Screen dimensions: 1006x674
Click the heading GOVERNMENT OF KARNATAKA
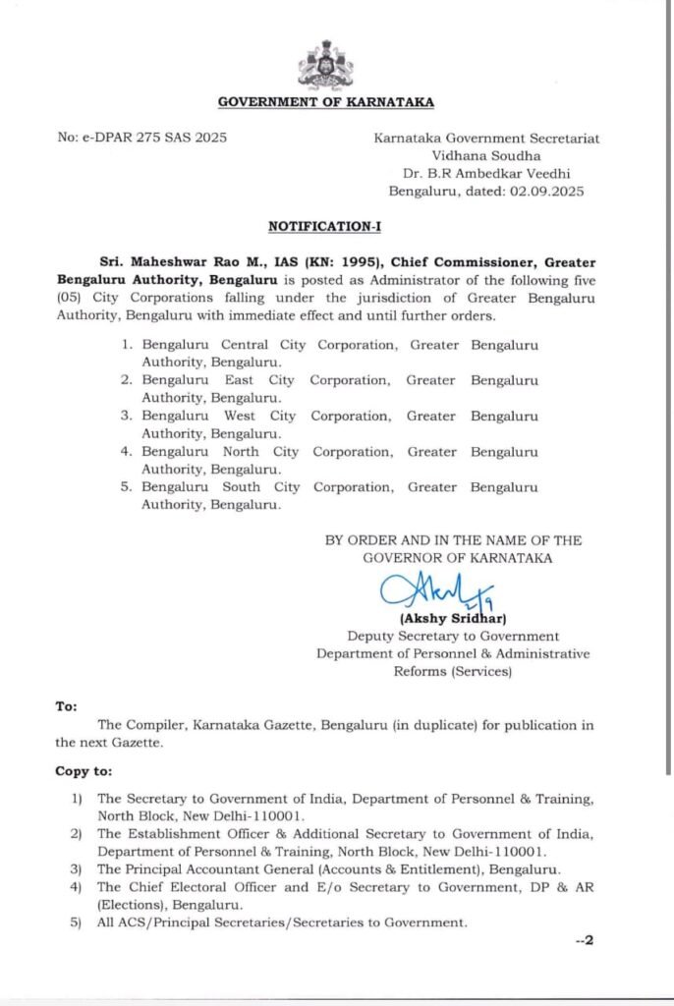325,101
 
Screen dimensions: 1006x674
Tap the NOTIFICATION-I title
324,226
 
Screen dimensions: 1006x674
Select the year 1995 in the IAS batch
359,262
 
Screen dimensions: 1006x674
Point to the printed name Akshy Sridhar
452,619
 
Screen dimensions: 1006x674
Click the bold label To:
66,706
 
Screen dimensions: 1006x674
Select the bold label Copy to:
84,771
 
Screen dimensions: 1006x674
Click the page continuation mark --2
584,941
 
